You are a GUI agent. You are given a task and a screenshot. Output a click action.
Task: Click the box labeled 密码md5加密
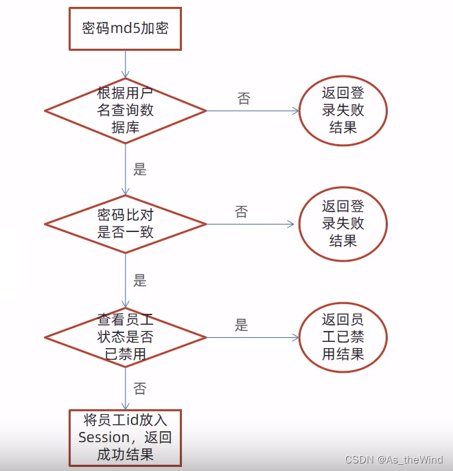coord(125,29)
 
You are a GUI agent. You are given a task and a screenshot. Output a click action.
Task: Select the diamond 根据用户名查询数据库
coord(126,110)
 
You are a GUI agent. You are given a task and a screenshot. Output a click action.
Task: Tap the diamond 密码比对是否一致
coord(126,223)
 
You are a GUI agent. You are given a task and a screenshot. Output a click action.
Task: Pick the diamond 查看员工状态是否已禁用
coord(126,337)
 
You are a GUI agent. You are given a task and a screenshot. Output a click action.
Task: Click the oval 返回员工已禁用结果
coord(342,337)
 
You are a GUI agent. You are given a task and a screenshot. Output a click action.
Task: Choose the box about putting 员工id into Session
coord(125,437)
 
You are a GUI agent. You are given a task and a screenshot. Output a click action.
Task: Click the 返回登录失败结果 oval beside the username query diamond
coord(342,110)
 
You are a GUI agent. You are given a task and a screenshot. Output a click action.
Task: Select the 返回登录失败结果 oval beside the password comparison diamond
coord(342,223)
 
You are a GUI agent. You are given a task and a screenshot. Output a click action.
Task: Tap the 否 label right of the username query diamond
coord(244,98)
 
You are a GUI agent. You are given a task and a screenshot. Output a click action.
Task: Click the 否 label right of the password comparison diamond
coord(241,212)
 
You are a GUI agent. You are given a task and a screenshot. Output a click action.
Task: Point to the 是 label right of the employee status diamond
coord(241,325)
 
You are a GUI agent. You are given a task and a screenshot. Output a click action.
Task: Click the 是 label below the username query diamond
coord(140,170)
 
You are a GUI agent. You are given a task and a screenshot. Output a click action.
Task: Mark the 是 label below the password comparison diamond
coord(140,281)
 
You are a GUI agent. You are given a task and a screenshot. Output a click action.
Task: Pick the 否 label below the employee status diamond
coord(140,389)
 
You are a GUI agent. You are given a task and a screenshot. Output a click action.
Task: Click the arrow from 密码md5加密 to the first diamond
coord(126,64)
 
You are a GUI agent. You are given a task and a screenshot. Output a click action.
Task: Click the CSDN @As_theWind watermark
coord(394,459)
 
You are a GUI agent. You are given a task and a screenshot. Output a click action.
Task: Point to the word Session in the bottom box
coord(104,437)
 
